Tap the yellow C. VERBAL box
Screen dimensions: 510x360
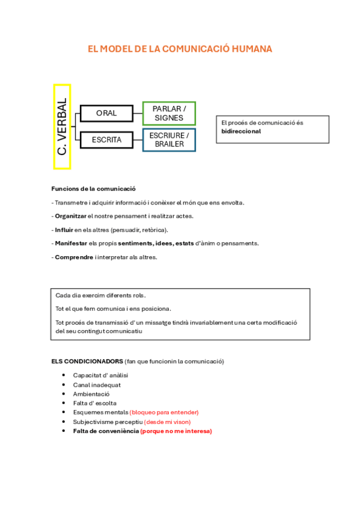click(x=62, y=126)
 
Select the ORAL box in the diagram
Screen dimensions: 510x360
click(x=106, y=112)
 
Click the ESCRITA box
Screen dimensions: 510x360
click(x=106, y=140)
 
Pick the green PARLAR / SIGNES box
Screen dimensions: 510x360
click(x=169, y=112)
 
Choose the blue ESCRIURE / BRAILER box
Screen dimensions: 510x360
click(x=169, y=140)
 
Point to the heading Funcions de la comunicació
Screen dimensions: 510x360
click(x=93, y=188)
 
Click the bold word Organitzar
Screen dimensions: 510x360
click(x=70, y=216)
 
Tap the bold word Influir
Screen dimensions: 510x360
click(x=64, y=230)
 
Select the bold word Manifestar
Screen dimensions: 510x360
click(x=71, y=244)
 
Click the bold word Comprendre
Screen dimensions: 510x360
click(x=74, y=257)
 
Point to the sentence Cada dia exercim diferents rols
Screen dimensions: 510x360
click(x=100, y=295)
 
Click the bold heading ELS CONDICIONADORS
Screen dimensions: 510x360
click(x=87, y=361)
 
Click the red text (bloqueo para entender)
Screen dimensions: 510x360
click(x=164, y=413)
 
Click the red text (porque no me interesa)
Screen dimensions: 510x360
click(x=176, y=431)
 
